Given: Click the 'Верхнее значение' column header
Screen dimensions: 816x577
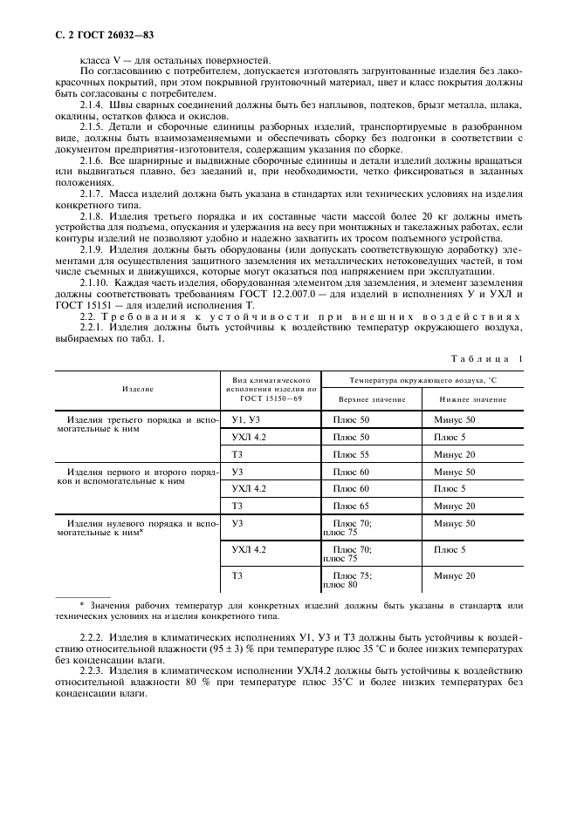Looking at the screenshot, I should (x=371, y=398).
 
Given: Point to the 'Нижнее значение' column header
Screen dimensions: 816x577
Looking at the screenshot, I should (x=471, y=398).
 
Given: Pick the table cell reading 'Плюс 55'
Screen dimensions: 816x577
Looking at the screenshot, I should (x=351, y=454).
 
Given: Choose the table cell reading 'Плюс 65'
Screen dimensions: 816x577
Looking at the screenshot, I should (x=351, y=506).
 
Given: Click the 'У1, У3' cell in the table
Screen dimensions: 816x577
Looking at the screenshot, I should (x=247, y=419).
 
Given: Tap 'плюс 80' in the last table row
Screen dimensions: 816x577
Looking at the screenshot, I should (x=340, y=609).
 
